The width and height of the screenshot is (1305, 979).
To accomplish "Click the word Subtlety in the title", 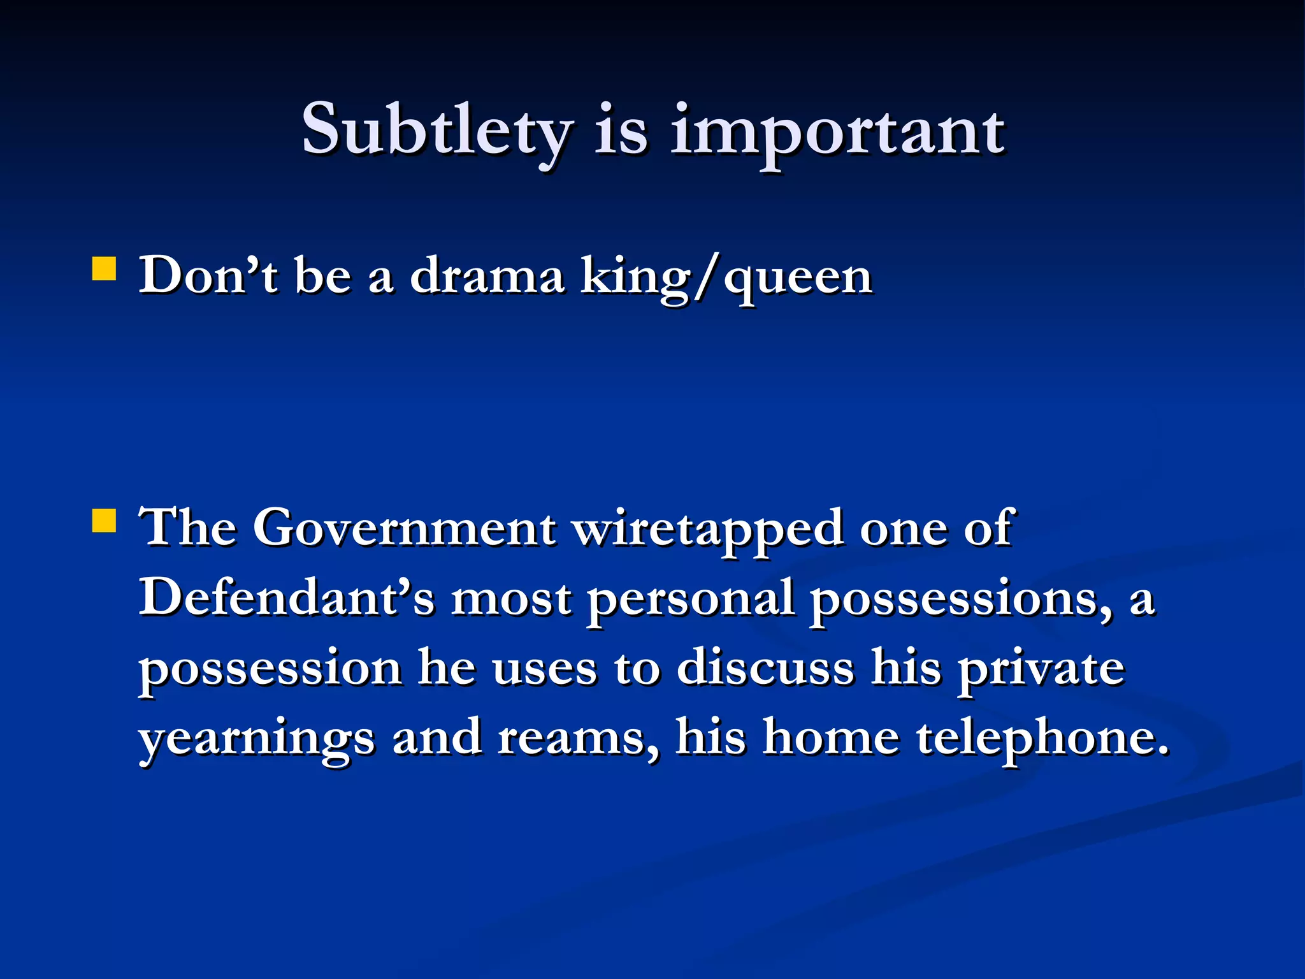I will (x=437, y=131).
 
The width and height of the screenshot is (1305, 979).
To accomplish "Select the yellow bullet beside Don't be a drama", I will (x=104, y=269).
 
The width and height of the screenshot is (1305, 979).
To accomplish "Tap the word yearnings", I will (x=257, y=739).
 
